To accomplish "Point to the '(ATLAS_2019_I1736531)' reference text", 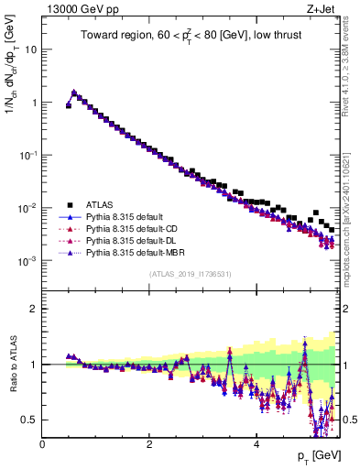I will point(191,274).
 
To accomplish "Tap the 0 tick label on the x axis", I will point(42,445).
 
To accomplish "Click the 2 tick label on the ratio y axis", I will point(34,309).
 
